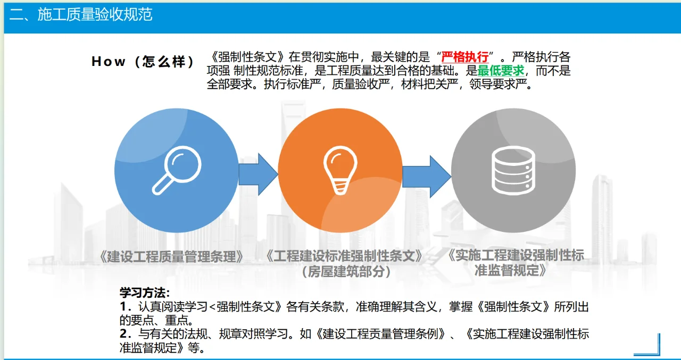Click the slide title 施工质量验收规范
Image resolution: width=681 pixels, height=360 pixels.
tap(95, 14)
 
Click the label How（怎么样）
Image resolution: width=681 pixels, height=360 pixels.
tap(143, 62)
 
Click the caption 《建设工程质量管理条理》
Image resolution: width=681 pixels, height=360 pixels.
tap(171, 257)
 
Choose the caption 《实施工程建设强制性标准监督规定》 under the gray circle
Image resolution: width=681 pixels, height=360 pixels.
tap(513, 263)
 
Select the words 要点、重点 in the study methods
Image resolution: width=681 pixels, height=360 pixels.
tap(162, 320)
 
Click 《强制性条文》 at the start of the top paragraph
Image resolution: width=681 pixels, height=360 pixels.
tap(247, 57)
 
